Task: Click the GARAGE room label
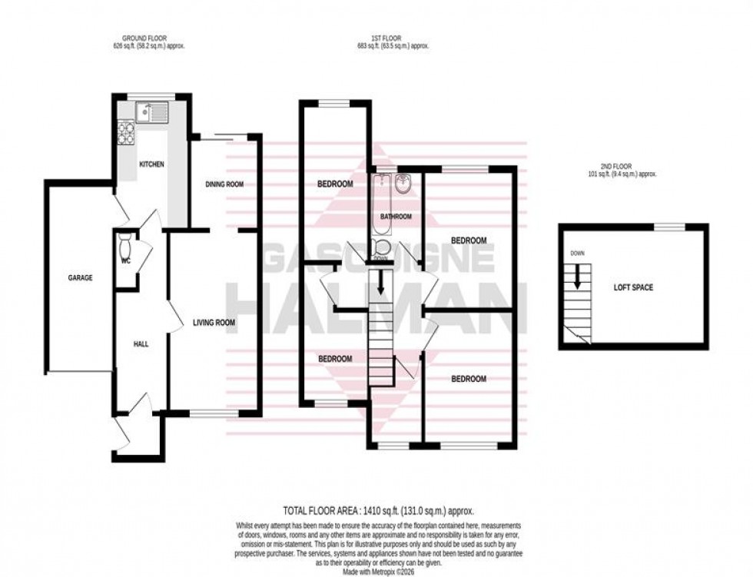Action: click(79, 277)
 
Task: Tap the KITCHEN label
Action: click(151, 164)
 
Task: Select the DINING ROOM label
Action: click(224, 184)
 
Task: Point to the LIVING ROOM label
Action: click(214, 323)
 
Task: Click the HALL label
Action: click(140, 343)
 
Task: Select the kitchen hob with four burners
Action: click(125, 133)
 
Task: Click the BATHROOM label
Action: click(396, 217)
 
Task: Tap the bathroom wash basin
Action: click(403, 184)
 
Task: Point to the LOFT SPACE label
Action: click(632, 287)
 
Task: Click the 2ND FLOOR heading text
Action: click(630, 170)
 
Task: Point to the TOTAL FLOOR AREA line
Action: click(376, 510)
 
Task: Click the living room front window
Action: click(214, 414)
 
